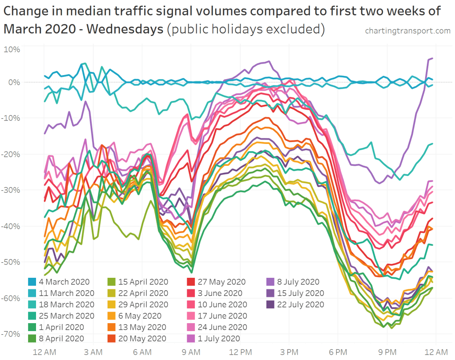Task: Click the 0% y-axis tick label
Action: (14, 82)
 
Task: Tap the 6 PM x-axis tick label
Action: (338, 352)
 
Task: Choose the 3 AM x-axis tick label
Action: (94, 352)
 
